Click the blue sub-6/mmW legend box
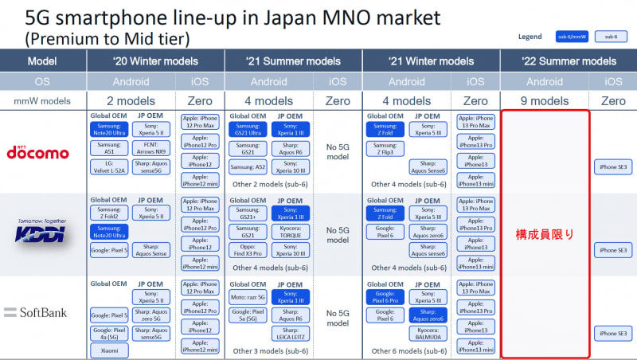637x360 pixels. point(571,37)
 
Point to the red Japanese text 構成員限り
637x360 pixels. point(545,234)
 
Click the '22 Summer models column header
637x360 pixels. point(569,61)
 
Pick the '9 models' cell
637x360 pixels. point(545,101)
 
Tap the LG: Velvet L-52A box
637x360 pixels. point(110,168)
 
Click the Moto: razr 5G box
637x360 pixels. point(248,298)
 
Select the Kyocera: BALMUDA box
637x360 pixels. point(428,334)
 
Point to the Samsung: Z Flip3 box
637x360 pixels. point(385,149)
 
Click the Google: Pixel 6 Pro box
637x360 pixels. point(385,299)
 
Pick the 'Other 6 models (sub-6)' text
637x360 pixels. point(407,351)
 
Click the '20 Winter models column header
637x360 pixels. point(156,61)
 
